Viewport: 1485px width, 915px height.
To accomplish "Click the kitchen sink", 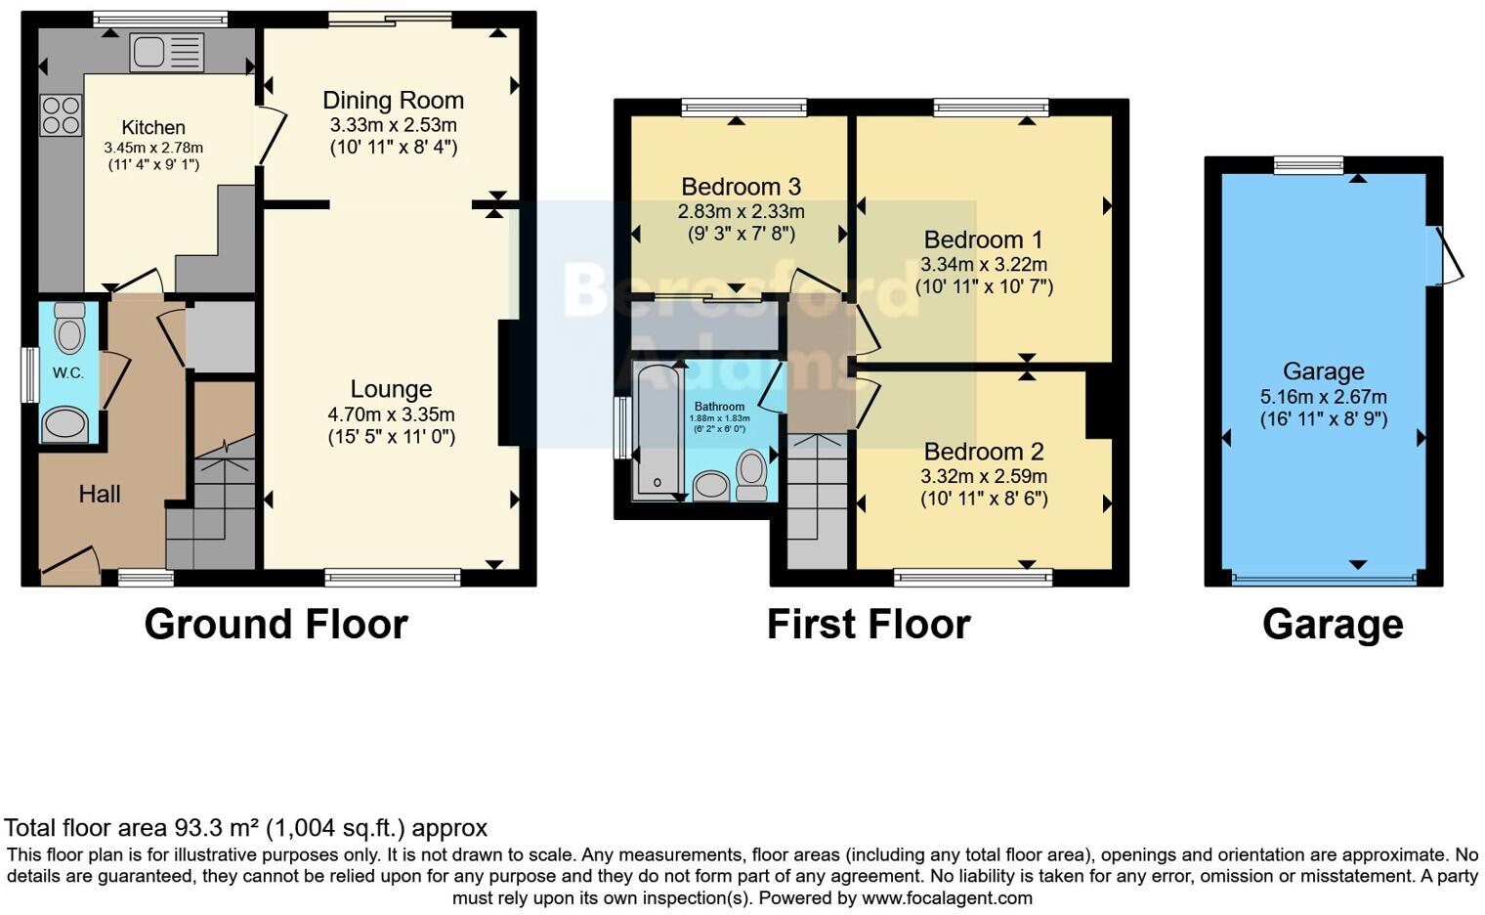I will (x=166, y=52).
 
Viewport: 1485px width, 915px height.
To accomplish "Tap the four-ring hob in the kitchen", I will (x=61, y=115).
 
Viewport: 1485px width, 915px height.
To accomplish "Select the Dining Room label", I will (x=393, y=101).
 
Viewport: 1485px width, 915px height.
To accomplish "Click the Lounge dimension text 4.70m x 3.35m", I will (x=391, y=414).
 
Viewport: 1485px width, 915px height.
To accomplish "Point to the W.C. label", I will (x=67, y=372).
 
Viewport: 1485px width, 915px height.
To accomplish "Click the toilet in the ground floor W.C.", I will (x=69, y=328).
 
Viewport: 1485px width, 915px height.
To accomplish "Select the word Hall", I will (x=100, y=494).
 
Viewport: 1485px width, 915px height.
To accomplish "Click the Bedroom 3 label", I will (x=741, y=187).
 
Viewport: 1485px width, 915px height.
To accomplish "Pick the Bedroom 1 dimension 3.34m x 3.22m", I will (x=983, y=265).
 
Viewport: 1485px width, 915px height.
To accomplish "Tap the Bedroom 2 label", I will (x=983, y=452).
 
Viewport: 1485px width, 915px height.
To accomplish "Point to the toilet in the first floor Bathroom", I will (x=751, y=474).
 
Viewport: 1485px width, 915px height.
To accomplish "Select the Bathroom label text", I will (x=719, y=407).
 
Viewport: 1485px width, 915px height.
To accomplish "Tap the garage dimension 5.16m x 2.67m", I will (x=1323, y=397).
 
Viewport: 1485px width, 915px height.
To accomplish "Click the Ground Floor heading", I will (x=276, y=624).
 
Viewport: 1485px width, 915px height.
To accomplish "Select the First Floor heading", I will (x=868, y=624).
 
